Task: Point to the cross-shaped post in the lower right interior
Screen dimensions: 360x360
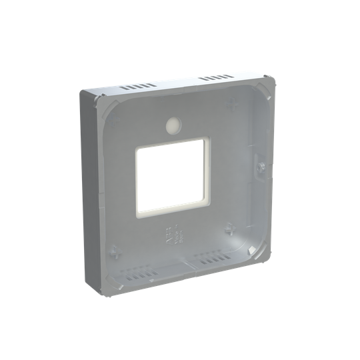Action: pos(230,227)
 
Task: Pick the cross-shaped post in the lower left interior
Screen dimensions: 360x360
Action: pos(114,252)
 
